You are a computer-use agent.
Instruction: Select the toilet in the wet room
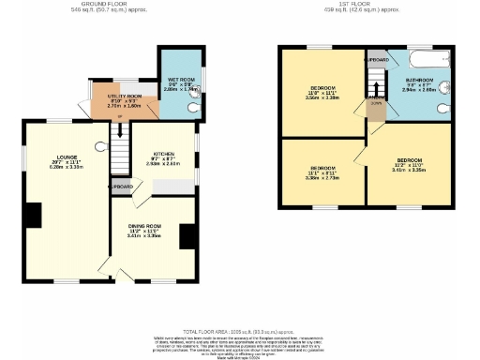pyautogui.click(x=193, y=109)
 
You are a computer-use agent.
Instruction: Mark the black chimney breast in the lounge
pyautogui.click(x=33, y=216)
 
